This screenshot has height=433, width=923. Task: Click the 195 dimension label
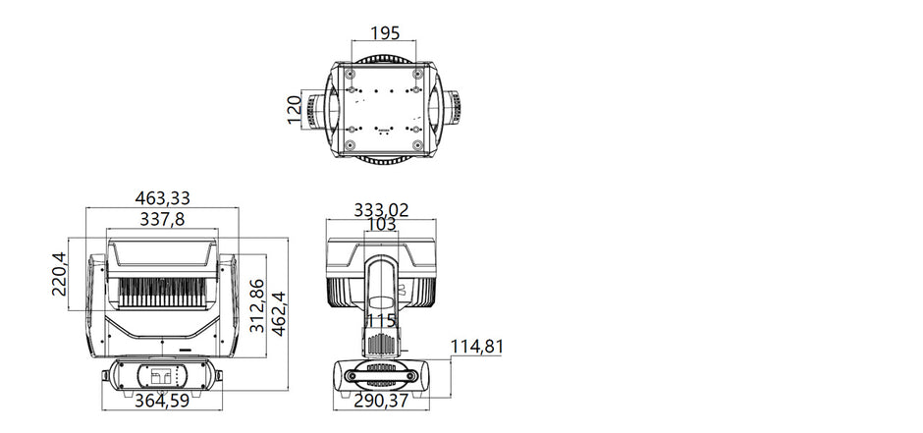385,33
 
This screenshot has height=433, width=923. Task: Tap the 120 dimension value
295,110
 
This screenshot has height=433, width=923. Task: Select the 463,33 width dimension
162,198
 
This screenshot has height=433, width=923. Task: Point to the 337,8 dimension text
162,219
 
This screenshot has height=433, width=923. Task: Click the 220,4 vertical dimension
60,274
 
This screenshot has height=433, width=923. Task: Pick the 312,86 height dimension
257,305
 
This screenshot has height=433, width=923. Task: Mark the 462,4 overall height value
279,313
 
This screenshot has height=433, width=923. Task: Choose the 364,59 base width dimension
162,401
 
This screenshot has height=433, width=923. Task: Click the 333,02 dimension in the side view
381,210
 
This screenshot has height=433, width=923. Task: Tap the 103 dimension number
381,225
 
